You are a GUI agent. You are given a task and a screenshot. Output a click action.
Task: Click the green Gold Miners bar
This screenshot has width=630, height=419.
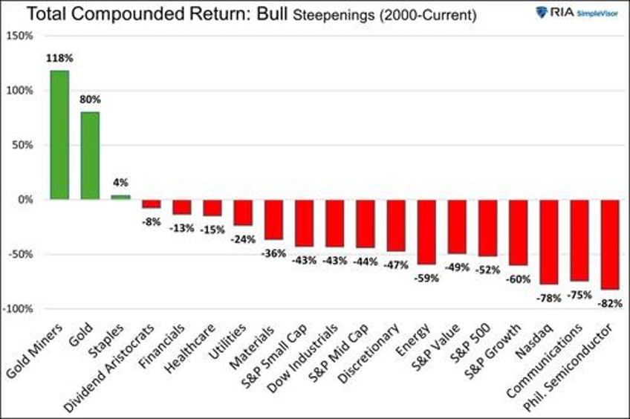[x=59, y=134]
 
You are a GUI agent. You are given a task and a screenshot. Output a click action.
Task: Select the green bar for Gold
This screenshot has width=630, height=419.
[x=90, y=155]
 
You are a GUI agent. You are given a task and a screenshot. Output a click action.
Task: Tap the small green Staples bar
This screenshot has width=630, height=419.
[x=120, y=197]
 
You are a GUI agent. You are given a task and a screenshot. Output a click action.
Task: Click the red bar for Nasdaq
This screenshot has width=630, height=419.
[x=549, y=241]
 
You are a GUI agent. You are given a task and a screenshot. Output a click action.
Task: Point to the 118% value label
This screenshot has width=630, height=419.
[x=59, y=57]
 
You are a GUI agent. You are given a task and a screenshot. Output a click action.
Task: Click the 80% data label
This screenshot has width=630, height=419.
[x=90, y=99]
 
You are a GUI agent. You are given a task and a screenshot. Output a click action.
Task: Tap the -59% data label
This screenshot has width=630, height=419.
[x=426, y=278]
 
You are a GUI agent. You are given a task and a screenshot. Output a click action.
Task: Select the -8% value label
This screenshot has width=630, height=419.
[x=152, y=221]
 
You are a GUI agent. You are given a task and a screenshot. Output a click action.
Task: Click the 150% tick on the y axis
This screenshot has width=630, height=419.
[x=20, y=36]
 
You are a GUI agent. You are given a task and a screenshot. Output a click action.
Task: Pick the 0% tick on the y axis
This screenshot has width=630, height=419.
[x=25, y=200]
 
